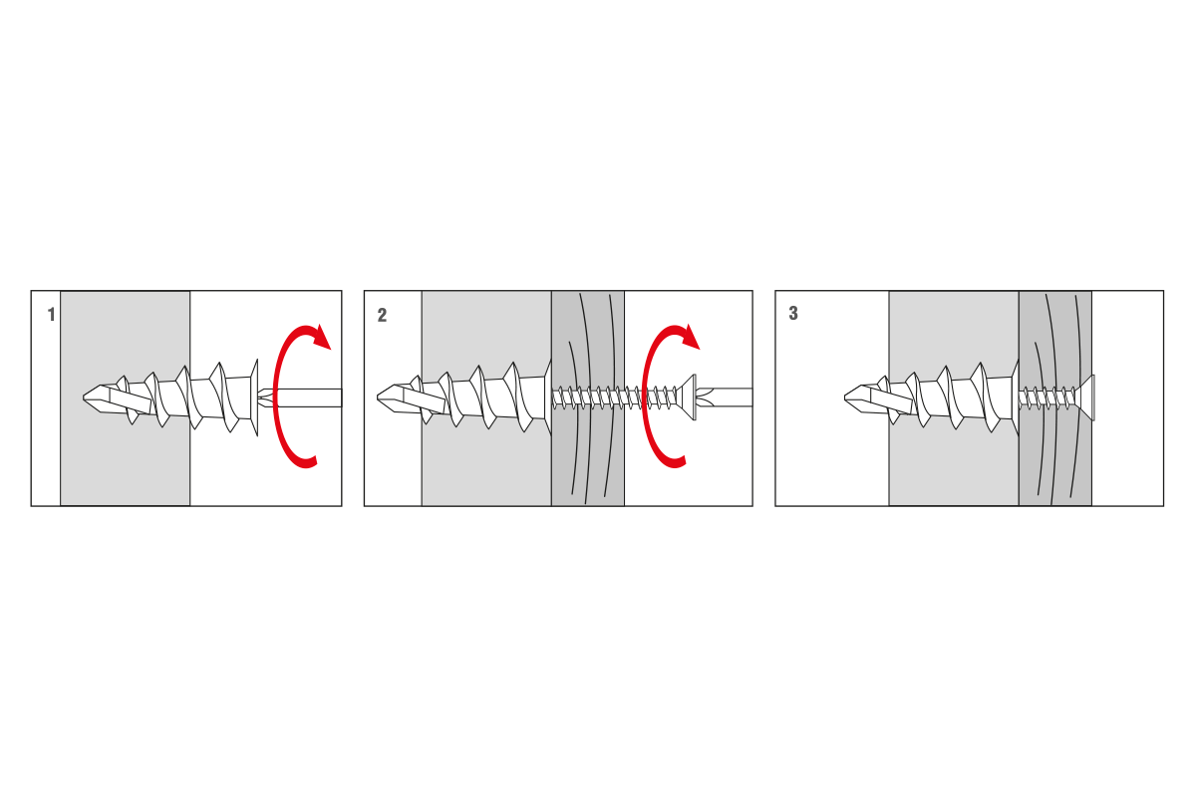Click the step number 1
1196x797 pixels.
51,315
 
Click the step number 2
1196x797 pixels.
382,315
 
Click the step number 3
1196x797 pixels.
793,314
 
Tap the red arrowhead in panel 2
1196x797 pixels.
690,337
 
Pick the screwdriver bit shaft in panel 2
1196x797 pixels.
726,398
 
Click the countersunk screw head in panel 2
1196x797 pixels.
688,398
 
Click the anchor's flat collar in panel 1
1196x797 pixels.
254,398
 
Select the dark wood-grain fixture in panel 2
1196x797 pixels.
588,398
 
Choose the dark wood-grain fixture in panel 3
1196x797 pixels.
1055,398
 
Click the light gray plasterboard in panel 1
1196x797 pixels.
125,398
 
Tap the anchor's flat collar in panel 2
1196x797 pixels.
548,398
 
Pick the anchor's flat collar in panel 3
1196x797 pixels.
1015,398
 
